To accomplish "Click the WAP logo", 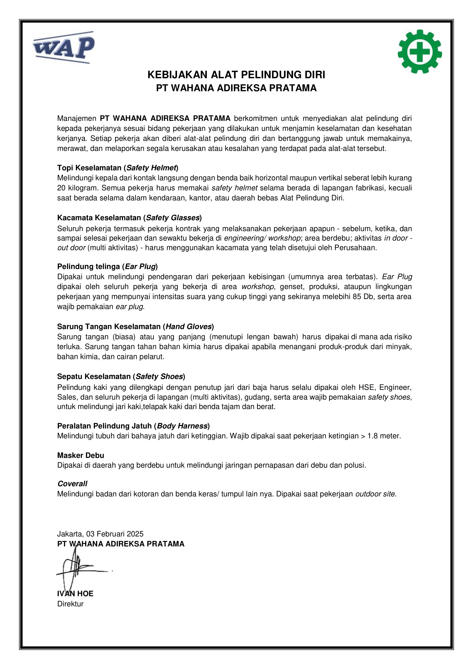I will tap(63, 47).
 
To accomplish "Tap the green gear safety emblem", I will tap(420, 51).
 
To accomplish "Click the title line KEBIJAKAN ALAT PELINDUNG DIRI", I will tap(236, 75).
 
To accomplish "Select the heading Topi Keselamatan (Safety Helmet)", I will tap(118, 168).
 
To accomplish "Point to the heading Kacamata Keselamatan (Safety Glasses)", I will tap(129, 218).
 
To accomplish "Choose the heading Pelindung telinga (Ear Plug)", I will tap(107, 266).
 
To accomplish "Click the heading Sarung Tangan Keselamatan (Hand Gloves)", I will tap(136, 326).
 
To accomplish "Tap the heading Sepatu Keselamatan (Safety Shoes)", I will tap(121, 376).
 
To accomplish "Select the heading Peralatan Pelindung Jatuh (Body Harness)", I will tap(133, 426).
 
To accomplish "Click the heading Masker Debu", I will tap(81, 455).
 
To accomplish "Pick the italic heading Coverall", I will tap(72, 484).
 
